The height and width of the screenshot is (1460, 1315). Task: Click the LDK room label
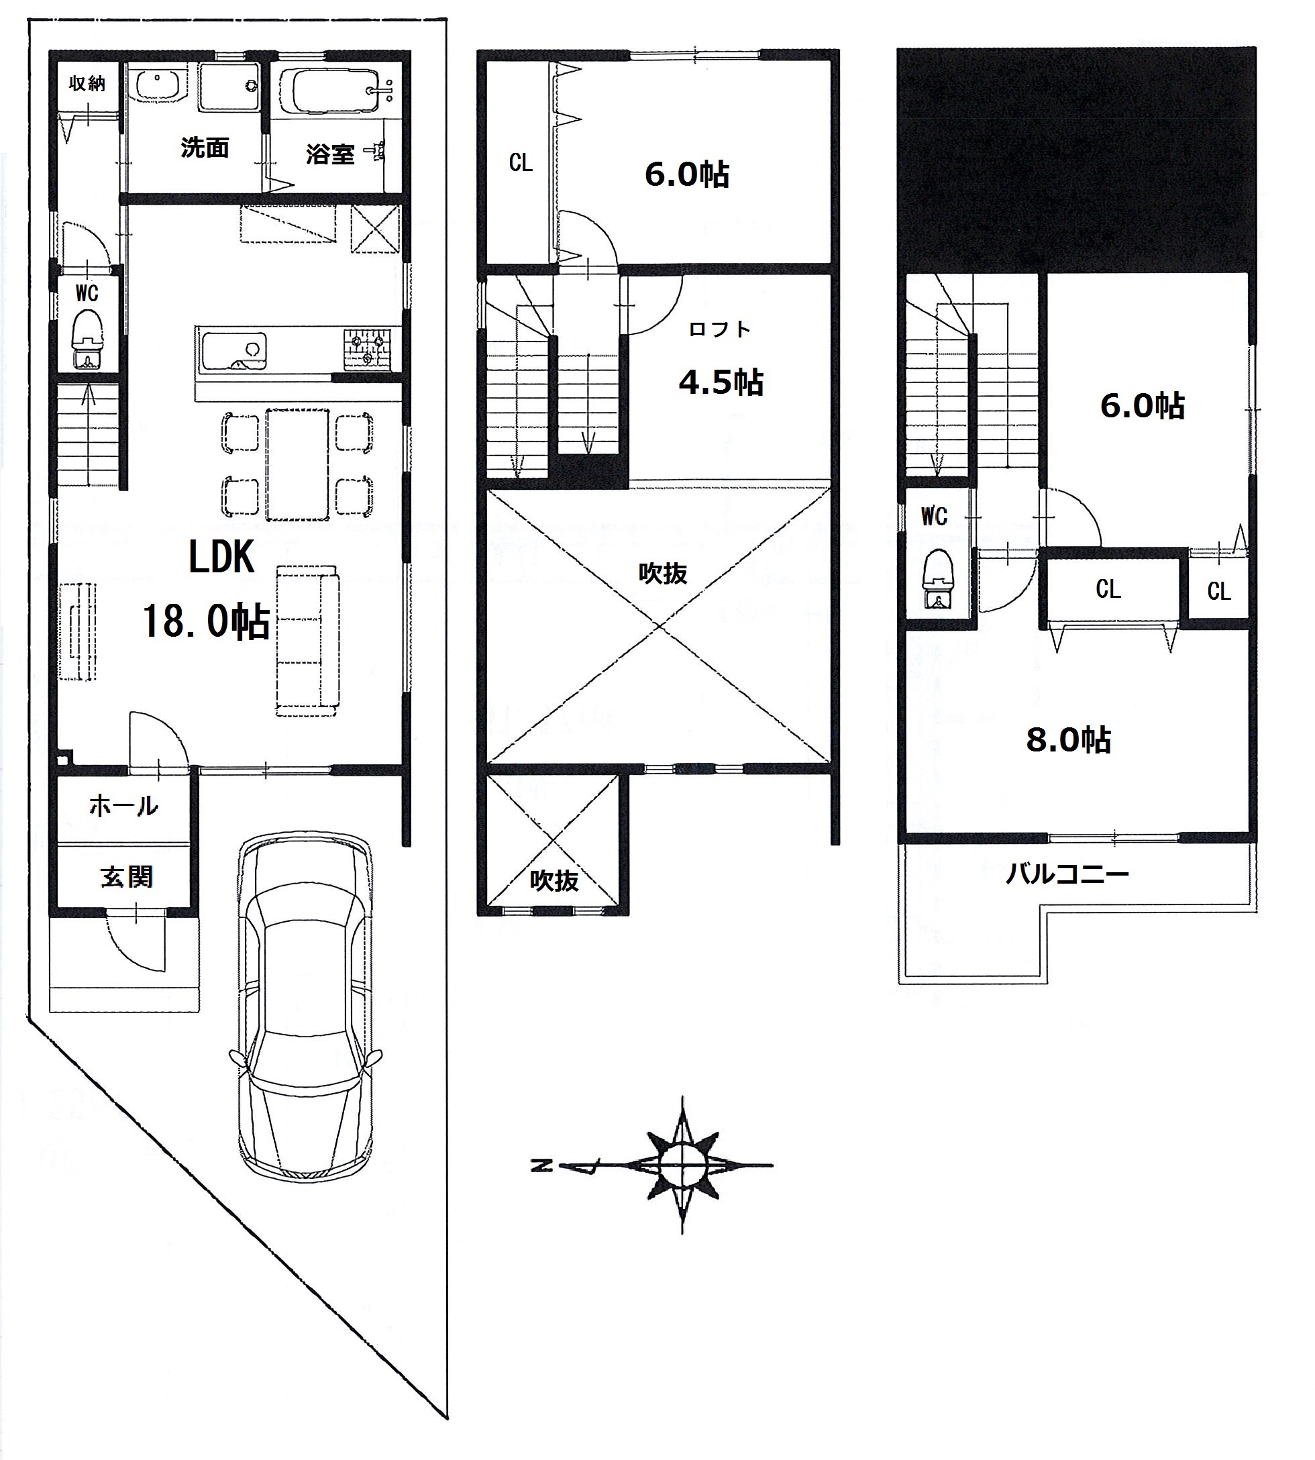[221, 558]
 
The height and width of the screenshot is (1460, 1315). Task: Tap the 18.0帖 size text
[206, 621]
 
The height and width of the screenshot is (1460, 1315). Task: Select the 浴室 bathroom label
[329, 154]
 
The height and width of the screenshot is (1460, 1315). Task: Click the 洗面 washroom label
[205, 148]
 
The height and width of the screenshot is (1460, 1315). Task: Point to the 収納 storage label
[87, 84]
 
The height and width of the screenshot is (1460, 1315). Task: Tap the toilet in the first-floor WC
[87, 340]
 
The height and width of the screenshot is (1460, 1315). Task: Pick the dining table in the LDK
[297, 464]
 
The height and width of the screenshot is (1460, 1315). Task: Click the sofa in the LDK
[307, 640]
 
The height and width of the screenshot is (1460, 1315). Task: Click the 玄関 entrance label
[126, 877]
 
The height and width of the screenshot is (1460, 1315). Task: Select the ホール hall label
[123, 806]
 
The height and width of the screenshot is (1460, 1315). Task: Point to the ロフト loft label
[719, 329]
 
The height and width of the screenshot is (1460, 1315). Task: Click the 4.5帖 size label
[721, 382]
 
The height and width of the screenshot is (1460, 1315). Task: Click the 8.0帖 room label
[1068, 741]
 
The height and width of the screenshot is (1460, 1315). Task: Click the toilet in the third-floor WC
[938, 578]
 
